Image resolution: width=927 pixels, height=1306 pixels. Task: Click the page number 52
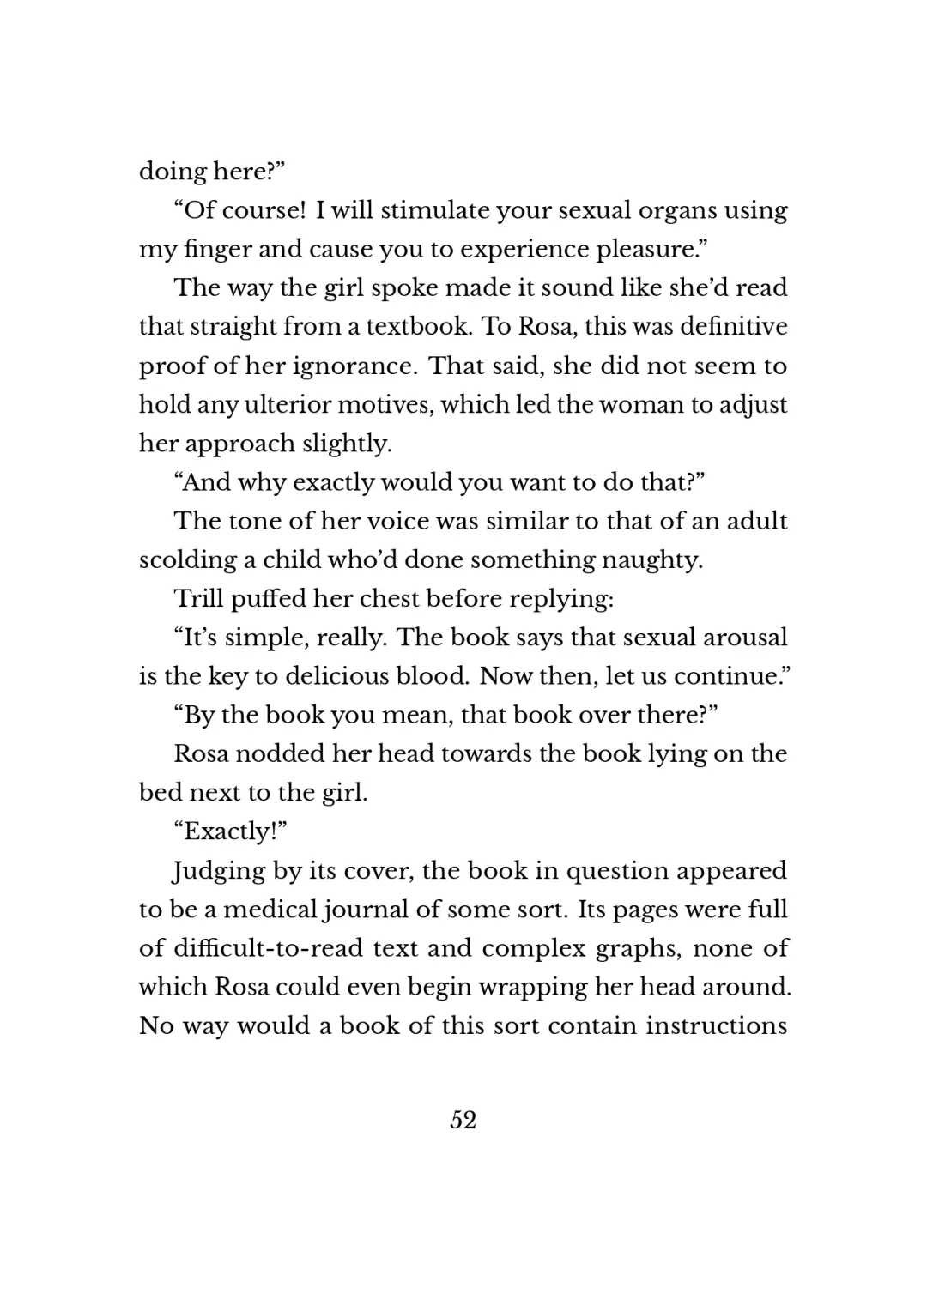click(463, 1120)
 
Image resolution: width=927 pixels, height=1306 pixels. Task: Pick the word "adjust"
click(752, 405)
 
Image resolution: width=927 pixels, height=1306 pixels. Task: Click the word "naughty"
click(651, 560)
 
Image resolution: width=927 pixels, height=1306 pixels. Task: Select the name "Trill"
click(199, 598)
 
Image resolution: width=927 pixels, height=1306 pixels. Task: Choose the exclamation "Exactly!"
click(230, 831)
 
